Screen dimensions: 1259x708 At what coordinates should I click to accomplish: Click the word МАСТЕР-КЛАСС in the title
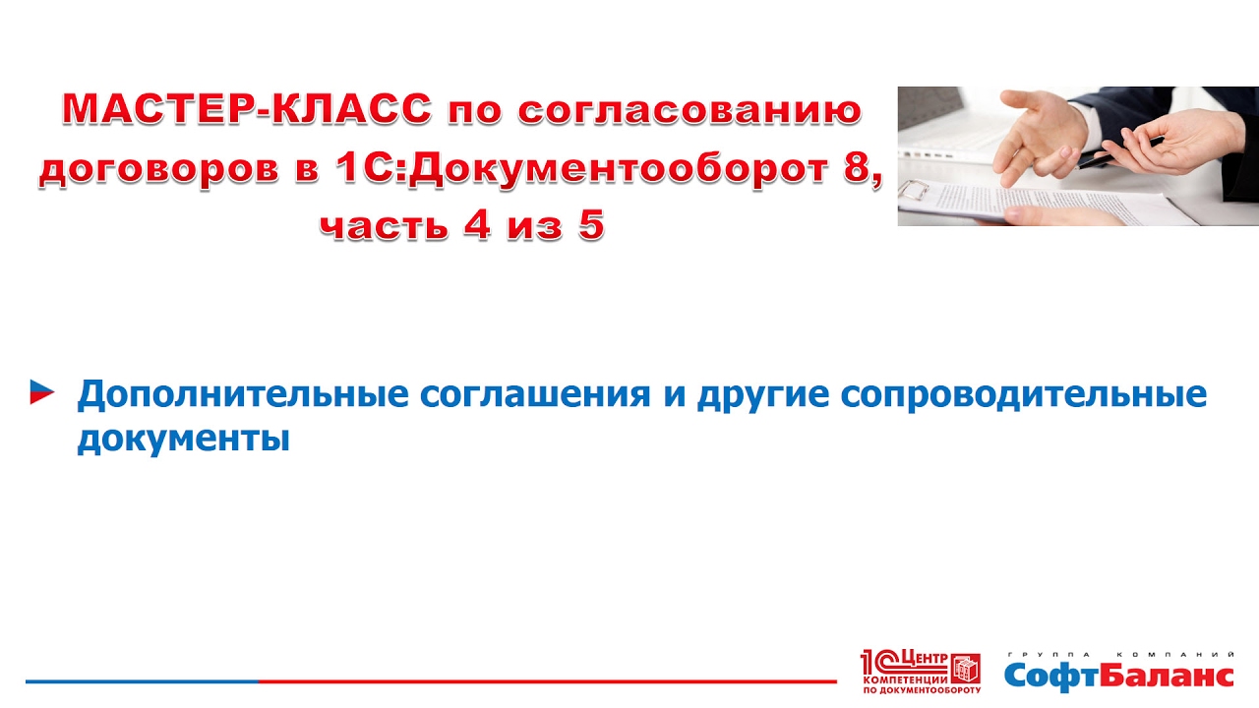coord(247,108)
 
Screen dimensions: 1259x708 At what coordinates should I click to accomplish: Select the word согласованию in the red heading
coord(689,110)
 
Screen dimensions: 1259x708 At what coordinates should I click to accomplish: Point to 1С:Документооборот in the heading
coord(580,168)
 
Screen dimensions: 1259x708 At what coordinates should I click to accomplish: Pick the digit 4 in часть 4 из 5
coord(478,225)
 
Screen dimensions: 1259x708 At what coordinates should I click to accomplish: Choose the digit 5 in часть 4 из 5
coord(591,225)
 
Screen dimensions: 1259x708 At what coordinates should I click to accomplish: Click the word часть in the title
coord(384,226)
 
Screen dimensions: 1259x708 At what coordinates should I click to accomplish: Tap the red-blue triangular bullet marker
coord(41,392)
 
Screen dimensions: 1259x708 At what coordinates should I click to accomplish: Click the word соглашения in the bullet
coord(535,394)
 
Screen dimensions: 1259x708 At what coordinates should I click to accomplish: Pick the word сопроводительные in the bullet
coord(1024,395)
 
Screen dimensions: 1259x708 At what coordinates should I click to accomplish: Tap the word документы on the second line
coord(184,439)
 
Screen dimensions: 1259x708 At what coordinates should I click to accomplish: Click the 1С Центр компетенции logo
coord(921,672)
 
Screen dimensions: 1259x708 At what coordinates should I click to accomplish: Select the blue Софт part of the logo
coord(1051,676)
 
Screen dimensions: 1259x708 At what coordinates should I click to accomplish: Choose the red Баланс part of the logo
coord(1167,676)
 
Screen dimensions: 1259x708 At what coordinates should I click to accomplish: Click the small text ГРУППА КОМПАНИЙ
coord(1120,655)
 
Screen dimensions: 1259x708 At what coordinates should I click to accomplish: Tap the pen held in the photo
coord(1118,152)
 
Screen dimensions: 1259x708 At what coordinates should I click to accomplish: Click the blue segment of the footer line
coord(143,681)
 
